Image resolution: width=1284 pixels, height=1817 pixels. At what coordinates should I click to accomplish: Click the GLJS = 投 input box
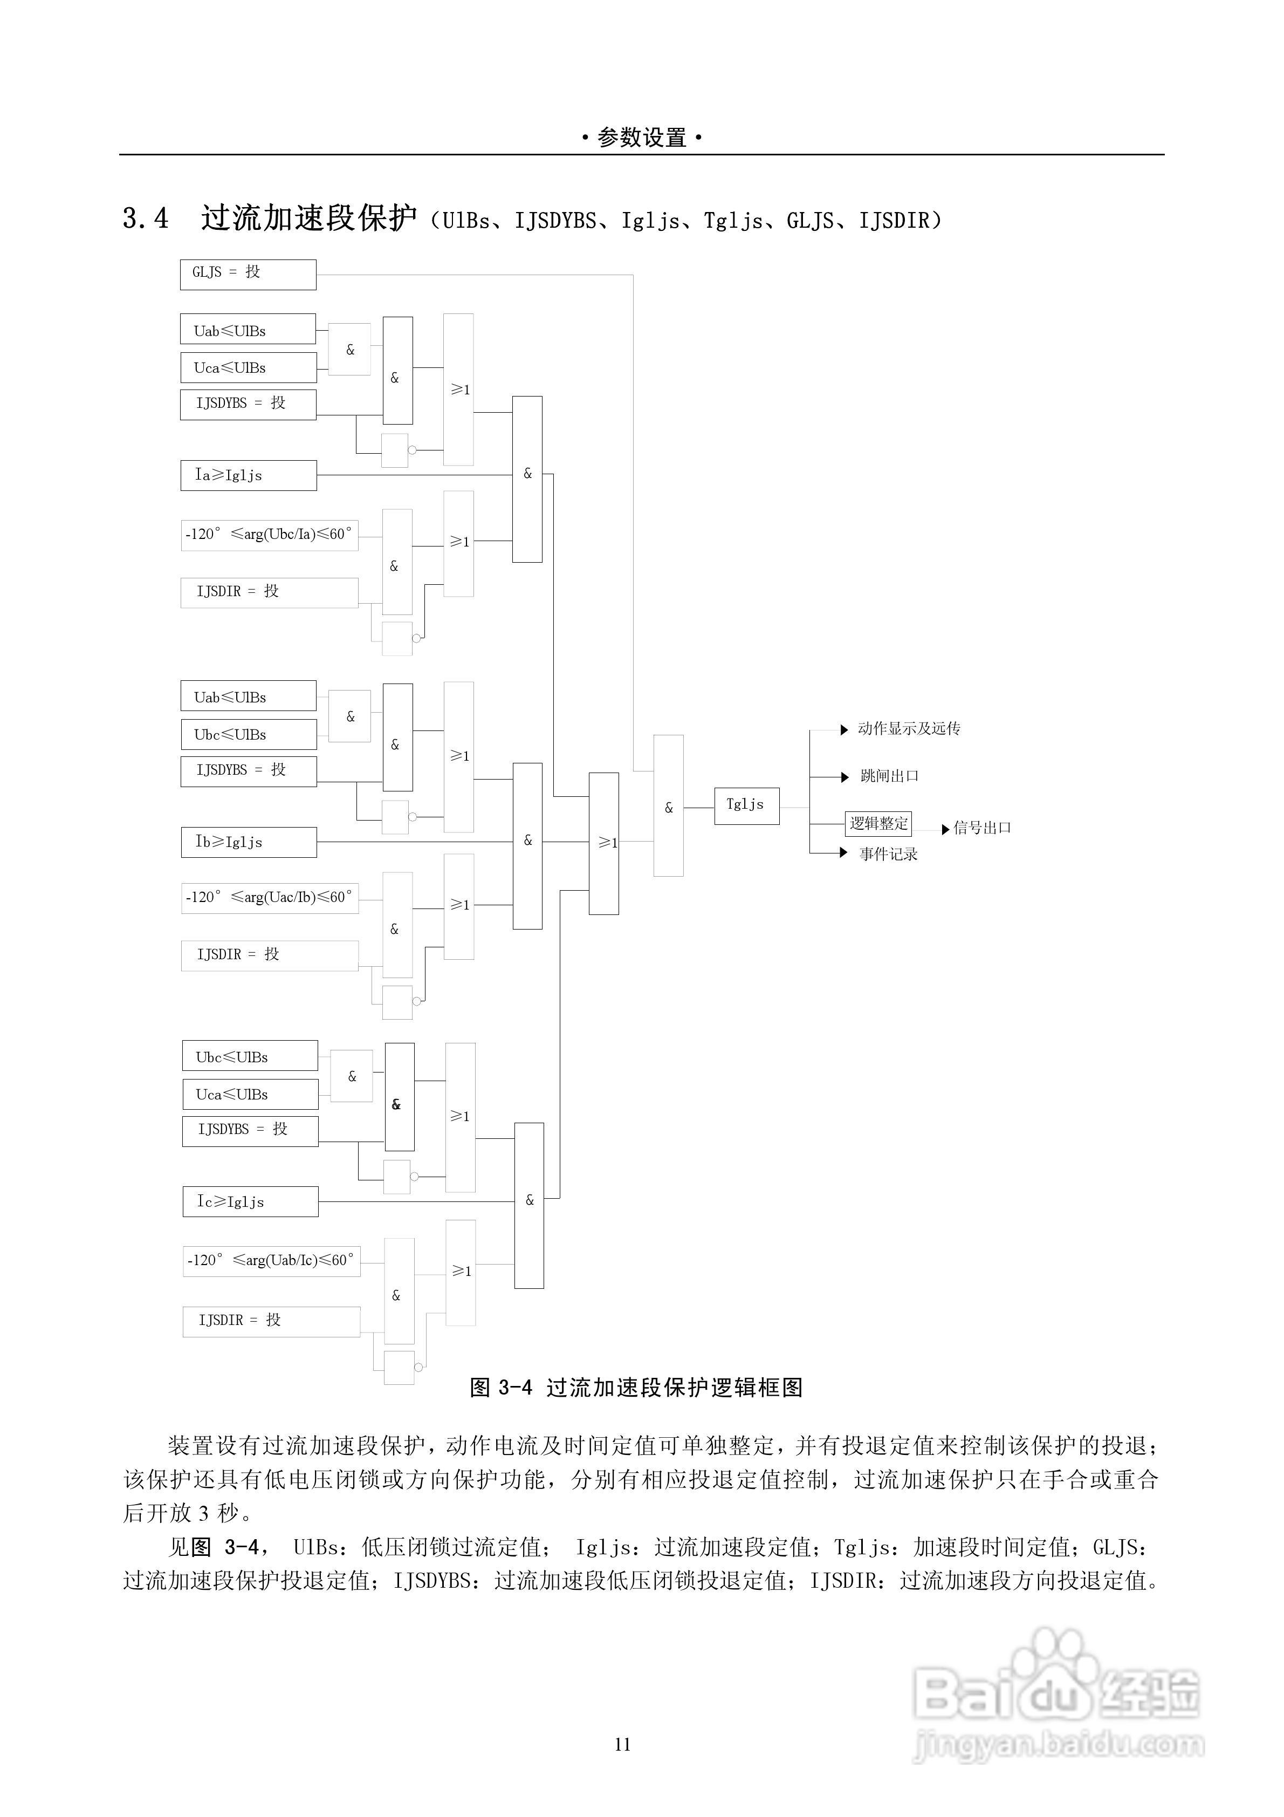pyautogui.click(x=248, y=274)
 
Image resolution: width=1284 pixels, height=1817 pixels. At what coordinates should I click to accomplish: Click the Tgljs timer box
pyautogui.click(x=746, y=805)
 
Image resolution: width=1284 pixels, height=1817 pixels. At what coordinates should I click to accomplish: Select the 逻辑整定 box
pyautogui.click(x=878, y=823)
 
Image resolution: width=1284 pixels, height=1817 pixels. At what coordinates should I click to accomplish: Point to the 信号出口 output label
pyautogui.click(x=982, y=828)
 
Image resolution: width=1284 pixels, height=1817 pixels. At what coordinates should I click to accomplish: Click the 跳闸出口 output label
pyautogui.click(x=889, y=776)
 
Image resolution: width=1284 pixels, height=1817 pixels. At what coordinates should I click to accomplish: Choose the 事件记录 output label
pyautogui.click(x=888, y=854)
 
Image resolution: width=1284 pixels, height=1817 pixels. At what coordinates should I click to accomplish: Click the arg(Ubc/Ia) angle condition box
pyautogui.click(x=269, y=534)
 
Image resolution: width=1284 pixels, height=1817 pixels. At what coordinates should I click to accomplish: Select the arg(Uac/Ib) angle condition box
pyautogui.click(x=269, y=897)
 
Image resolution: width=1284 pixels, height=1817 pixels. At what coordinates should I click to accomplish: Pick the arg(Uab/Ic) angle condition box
pyautogui.click(x=271, y=1260)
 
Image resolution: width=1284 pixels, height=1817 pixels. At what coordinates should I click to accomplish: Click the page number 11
pyautogui.click(x=623, y=1744)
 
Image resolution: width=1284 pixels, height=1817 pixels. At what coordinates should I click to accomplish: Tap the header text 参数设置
pyautogui.click(x=642, y=138)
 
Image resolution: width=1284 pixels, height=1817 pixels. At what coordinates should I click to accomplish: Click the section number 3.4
pyautogui.click(x=146, y=218)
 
